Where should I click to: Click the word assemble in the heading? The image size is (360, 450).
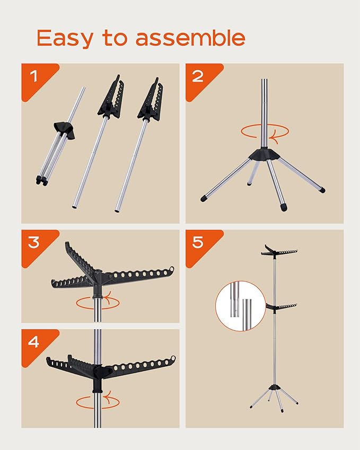click(x=191, y=38)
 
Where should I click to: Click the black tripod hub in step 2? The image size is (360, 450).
click(x=264, y=154)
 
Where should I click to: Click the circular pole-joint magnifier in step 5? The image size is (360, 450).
click(x=241, y=306)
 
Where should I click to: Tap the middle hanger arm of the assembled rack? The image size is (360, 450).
click(x=281, y=306)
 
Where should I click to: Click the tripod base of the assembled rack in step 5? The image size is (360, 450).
click(x=274, y=396)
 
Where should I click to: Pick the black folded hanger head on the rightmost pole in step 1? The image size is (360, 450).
click(x=150, y=101)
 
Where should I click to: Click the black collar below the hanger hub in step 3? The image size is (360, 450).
click(x=98, y=296)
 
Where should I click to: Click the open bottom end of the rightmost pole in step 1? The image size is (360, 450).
click(x=118, y=210)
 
